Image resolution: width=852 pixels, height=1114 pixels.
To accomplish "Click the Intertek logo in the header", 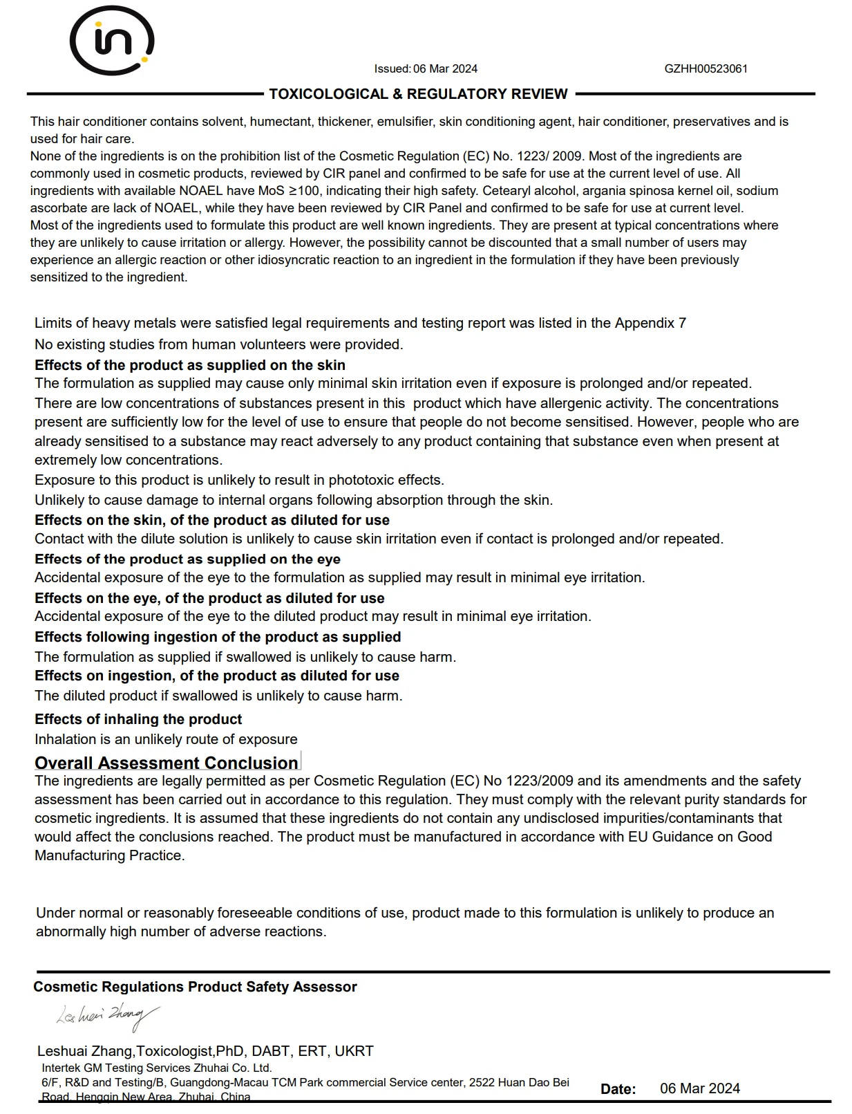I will (111, 40).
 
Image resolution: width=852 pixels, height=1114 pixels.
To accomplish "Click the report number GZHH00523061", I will (706, 68).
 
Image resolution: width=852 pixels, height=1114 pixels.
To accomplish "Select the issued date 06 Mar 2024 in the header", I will (445, 68).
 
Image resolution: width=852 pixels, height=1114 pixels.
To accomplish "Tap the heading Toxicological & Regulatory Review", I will (418, 94).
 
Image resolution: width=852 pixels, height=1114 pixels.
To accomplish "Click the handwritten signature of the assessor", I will (108, 1015).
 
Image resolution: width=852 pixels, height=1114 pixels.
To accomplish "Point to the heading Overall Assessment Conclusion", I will (167, 763).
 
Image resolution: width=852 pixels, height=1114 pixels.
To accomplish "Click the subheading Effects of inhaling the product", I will (138, 719).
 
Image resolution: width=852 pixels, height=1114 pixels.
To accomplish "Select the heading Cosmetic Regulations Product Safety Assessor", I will (195, 987).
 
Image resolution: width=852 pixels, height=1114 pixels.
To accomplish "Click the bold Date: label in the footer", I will (618, 1089).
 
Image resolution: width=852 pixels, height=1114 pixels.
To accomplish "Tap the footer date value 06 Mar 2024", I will (699, 1088).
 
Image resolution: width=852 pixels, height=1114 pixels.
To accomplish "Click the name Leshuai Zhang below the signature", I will (84, 1051).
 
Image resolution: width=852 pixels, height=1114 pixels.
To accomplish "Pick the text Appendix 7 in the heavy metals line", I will (650, 323).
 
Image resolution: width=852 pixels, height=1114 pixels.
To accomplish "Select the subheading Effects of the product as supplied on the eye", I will (187, 559).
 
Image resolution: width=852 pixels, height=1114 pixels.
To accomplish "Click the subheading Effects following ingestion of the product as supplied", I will (218, 637).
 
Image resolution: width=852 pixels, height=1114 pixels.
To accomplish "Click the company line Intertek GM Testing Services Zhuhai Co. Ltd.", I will (156, 1068).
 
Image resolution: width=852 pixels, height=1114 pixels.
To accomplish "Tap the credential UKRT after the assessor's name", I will (354, 1051).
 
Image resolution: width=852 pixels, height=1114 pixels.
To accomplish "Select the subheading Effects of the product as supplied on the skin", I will (190, 365).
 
